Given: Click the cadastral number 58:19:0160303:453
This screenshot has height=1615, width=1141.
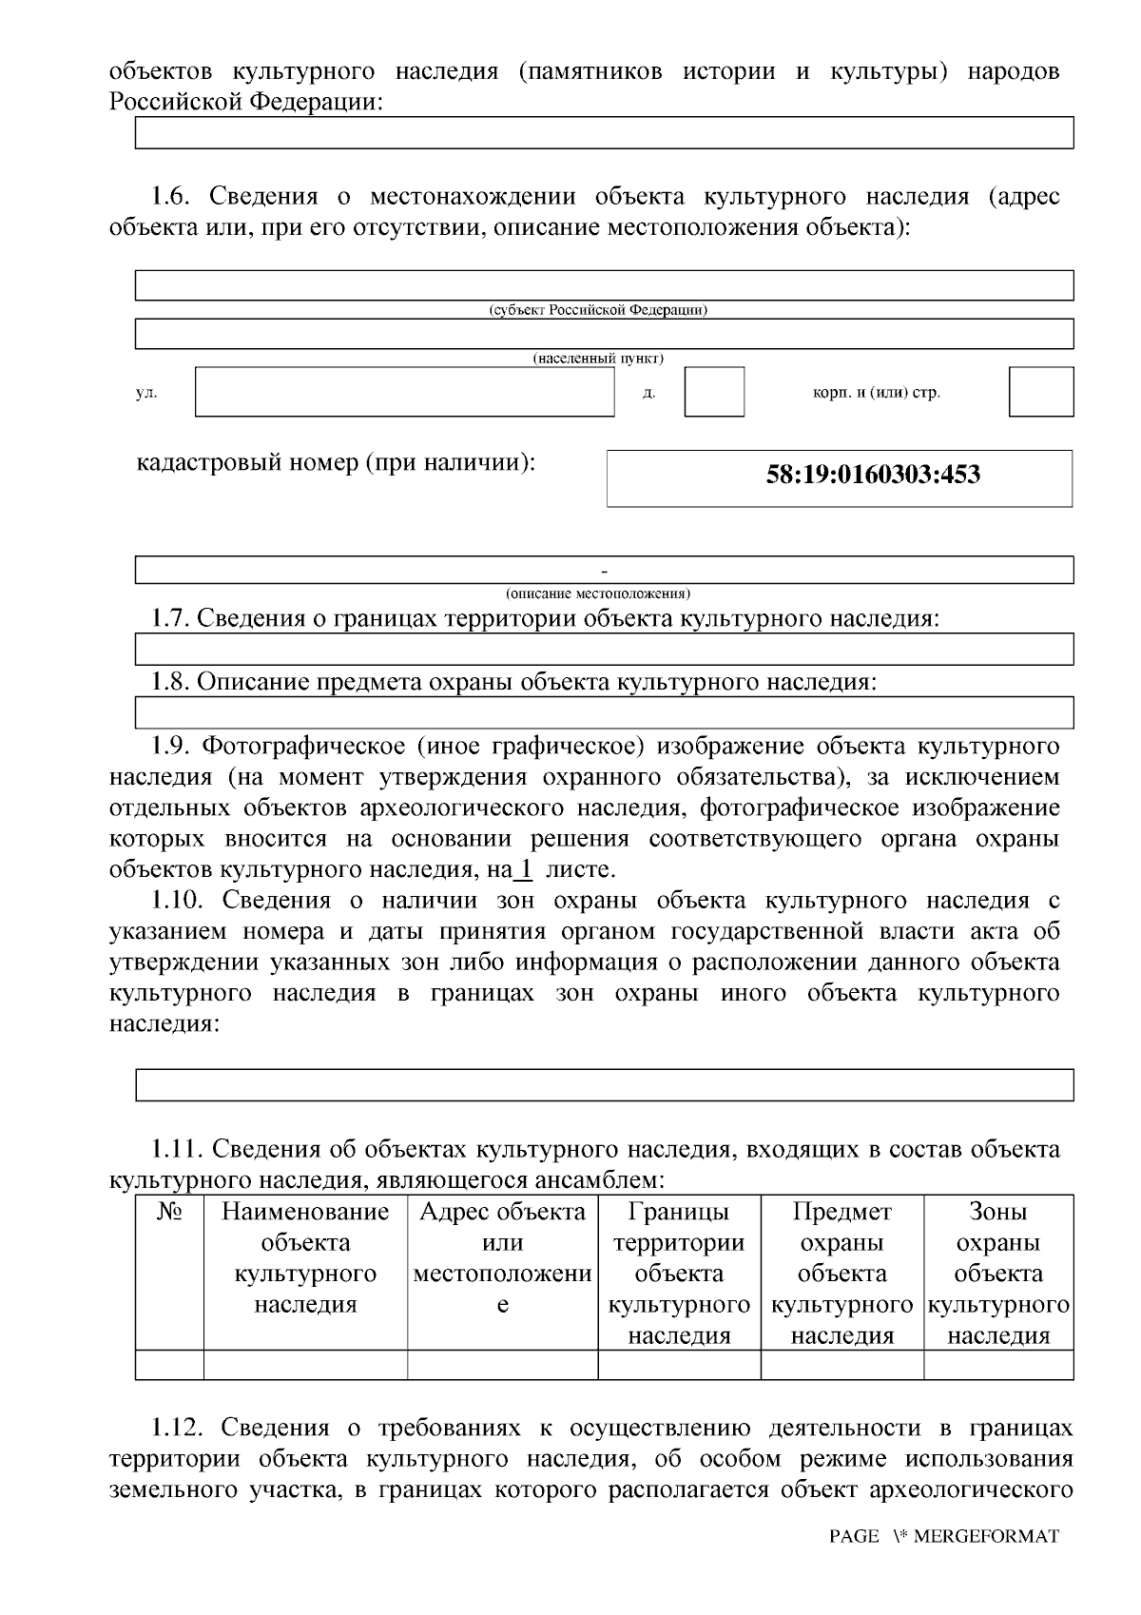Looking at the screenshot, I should pyautogui.click(x=872, y=475).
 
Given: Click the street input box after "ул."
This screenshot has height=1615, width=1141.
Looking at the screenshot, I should pyautogui.click(x=405, y=392).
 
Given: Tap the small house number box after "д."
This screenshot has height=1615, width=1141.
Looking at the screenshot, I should pyautogui.click(x=713, y=392).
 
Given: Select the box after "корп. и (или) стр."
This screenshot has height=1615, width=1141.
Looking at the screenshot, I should pyautogui.click(x=1040, y=392).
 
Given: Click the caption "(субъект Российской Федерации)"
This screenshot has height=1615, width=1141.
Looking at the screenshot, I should pyautogui.click(x=598, y=310).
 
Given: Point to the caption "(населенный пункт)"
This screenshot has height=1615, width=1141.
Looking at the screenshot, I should pyautogui.click(x=598, y=359).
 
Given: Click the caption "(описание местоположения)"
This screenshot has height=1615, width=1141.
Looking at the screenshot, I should pyautogui.click(x=598, y=593).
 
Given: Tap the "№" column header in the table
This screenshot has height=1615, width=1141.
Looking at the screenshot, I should pyautogui.click(x=169, y=1212).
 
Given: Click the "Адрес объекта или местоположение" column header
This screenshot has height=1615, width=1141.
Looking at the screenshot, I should pyautogui.click(x=502, y=1257).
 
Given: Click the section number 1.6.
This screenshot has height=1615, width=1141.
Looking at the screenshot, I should pyautogui.click(x=172, y=197).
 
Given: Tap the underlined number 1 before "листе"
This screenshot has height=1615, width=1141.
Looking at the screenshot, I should pyautogui.click(x=524, y=868).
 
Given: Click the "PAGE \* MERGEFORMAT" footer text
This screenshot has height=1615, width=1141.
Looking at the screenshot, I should pyautogui.click(x=943, y=1536).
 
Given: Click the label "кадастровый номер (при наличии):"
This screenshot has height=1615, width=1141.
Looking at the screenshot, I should pyautogui.click(x=336, y=463).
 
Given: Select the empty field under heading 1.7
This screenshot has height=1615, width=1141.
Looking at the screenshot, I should pyautogui.click(x=604, y=649).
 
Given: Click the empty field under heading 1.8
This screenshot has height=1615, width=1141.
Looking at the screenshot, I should pyautogui.click(x=604, y=711).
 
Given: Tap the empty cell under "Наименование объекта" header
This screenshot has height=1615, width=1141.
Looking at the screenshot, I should pyautogui.click(x=305, y=1364).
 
